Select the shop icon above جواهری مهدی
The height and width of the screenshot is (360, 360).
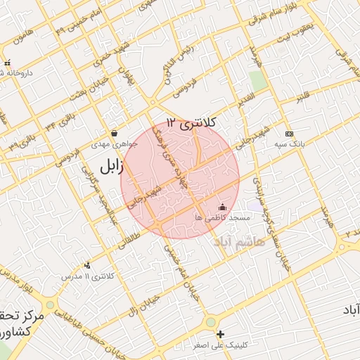114,134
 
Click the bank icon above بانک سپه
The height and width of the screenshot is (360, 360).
289,134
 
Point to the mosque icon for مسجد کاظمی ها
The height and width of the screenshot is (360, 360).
223,207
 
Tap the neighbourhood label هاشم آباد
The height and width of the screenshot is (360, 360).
240,241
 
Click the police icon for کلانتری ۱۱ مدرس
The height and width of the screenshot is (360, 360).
87,265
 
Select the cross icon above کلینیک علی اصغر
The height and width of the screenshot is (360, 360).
221,334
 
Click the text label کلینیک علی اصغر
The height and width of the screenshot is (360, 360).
219,346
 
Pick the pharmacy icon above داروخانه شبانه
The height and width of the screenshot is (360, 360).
7,63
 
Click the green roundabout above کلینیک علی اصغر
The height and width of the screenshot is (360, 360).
210,322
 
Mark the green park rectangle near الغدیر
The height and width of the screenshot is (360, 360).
258,81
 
